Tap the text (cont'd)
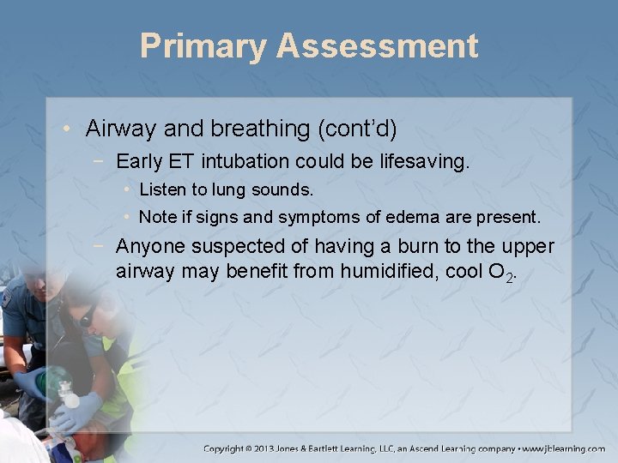(356, 129)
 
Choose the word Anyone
(146, 247)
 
